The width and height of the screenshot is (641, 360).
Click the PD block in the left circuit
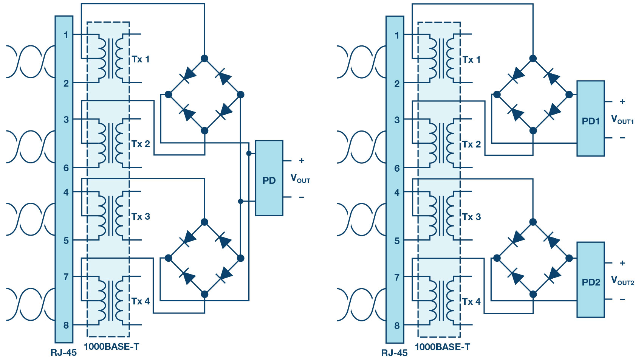(x=269, y=178)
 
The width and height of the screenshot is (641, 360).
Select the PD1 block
(x=591, y=118)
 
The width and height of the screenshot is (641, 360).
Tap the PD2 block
(x=591, y=279)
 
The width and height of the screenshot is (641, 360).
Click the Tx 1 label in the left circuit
(x=141, y=59)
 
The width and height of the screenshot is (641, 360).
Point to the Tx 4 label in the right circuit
(x=471, y=301)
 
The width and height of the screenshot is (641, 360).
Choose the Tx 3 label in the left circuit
(x=141, y=217)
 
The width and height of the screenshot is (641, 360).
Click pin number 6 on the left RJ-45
(x=66, y=168)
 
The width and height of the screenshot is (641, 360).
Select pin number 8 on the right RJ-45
(x=397, y=326)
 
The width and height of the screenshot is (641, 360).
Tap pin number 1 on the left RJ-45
(x=66, y=35)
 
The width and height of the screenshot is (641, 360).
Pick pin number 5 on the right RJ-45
(x=397, y=241)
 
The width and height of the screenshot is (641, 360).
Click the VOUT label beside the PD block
(x=300, y=179)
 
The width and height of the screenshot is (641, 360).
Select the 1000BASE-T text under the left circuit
(x=111, y=347)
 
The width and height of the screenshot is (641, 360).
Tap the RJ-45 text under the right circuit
(x=394, y=353)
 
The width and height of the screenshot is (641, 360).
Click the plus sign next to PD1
(x=622, y=102)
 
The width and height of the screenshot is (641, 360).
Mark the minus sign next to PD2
(x=622, y=299)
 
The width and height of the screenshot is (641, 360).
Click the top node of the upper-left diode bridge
(x=204, y=59)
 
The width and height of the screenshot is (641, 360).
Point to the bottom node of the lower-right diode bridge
(x=533, y=295)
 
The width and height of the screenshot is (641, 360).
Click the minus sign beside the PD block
(x=302, y=197)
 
